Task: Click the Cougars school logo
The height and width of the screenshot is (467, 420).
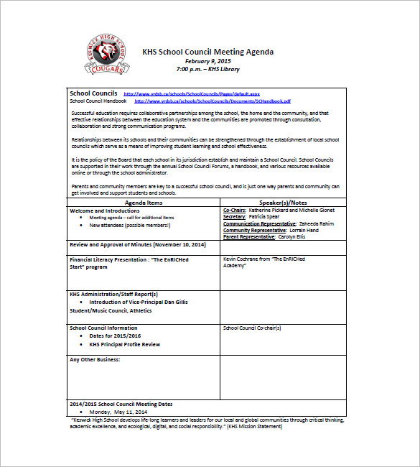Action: pyautogui.click(x=108, y=55)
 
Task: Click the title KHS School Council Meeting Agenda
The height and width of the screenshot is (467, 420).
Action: pyautogui.click(x=207, y=52)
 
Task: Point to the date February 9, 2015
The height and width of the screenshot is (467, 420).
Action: pyautogui.click(x=208, y=61)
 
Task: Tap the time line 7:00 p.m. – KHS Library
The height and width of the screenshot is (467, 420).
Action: pyautogui.click(x=208, y=69)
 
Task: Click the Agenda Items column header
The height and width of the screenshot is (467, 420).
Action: pyautogui.click(x=144, y=203)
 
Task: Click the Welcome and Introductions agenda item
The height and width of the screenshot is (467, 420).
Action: pyautogui.click(x=105, y=211)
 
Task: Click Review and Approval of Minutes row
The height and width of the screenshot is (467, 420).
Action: pyautogui.click(x=138, y=245)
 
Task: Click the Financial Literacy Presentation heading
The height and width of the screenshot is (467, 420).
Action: pyautogui.click(x=129, y=259)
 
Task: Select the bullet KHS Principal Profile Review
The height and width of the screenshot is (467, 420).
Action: pyautogui.click(x=125, y=344)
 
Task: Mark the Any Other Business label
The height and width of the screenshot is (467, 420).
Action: pyautogui.click(x=95, y=359)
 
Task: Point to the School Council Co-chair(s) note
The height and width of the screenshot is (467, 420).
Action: pyautogui.click(x=252, y=328)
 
